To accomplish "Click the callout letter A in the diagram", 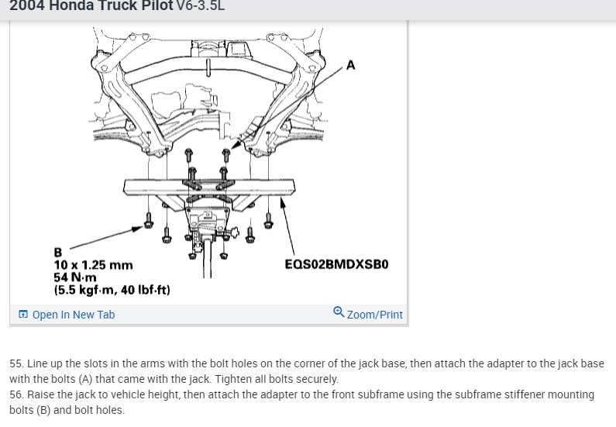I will (x=351, y=65).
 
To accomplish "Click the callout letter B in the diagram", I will (x=57, y=252).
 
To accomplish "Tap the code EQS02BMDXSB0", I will (x=336, y=264).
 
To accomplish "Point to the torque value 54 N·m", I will (x=75, y=277).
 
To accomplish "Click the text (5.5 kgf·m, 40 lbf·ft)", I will (x=112, y=291).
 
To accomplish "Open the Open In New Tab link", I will (x=73, y=315).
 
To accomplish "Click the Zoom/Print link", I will (x=375, y=315).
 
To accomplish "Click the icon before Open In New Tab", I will (x=23, y=315).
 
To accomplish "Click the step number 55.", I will (x=16, y=363).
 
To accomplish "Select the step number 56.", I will (x=16, y=394).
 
